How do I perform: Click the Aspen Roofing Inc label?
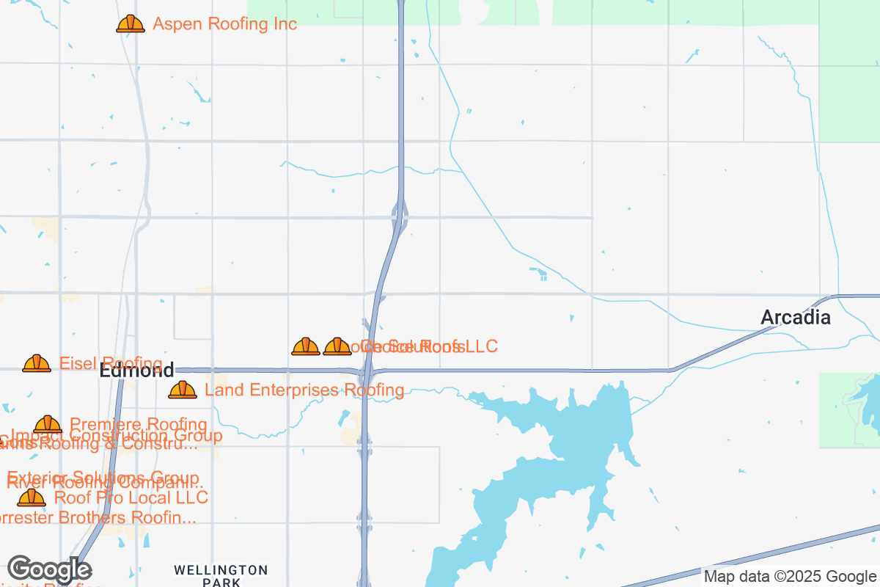point(224,24)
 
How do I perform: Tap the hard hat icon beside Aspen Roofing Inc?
point(131,24)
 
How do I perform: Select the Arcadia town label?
point(795,318)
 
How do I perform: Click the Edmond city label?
point(136,370)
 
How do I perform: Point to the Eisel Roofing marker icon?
point(37,363)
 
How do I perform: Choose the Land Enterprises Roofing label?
point(304,390)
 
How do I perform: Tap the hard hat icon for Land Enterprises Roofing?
point(183,390)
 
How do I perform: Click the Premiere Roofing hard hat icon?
point(48,424)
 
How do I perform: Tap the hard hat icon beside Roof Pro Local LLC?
point(31,497)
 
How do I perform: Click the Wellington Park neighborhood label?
point(221,575)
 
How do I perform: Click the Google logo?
point(49,569)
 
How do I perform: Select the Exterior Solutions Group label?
point(103,478)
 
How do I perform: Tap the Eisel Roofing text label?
point(111,363)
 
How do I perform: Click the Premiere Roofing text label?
point(138,424)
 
